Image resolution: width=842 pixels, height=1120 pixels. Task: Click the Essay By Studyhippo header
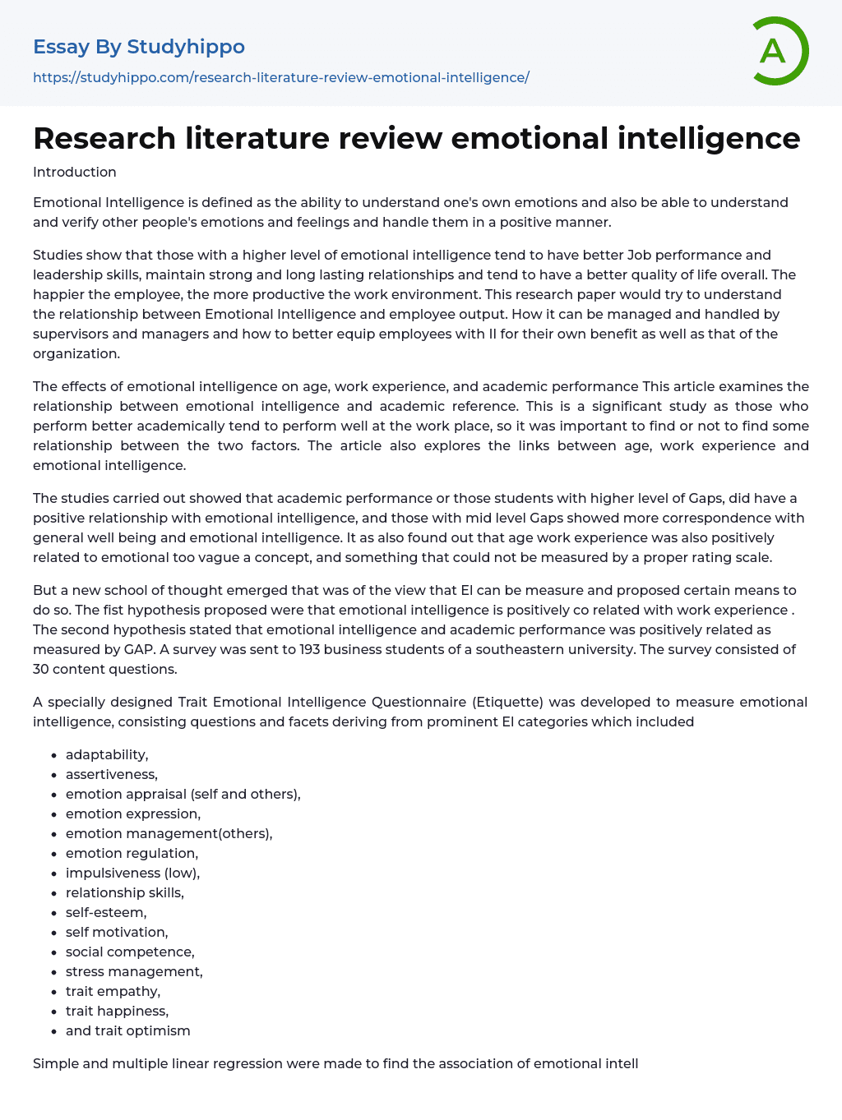139,47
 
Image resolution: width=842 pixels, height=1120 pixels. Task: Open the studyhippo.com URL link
280,77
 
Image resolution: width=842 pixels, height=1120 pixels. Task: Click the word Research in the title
104,138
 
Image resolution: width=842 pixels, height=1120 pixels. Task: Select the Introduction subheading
75,172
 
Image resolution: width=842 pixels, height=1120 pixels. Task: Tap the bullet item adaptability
107,754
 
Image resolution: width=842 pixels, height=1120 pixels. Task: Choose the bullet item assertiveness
112,774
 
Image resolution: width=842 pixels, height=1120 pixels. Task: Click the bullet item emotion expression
133,813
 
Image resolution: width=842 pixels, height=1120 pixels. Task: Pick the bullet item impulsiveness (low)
132,873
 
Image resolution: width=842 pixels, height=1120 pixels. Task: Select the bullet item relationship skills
125,892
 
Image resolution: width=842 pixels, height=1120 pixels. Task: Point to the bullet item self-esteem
106,912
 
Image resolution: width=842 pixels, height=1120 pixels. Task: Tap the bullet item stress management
134,971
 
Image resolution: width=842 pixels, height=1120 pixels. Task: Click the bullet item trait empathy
113,991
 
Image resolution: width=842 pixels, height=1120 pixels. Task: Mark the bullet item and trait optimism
128,1030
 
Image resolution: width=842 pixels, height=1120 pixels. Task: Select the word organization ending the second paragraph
76,353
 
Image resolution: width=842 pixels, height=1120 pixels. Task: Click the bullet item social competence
130,952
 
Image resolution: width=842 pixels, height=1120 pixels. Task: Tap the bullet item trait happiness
117,1011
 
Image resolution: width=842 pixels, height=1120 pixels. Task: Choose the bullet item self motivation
117,932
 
